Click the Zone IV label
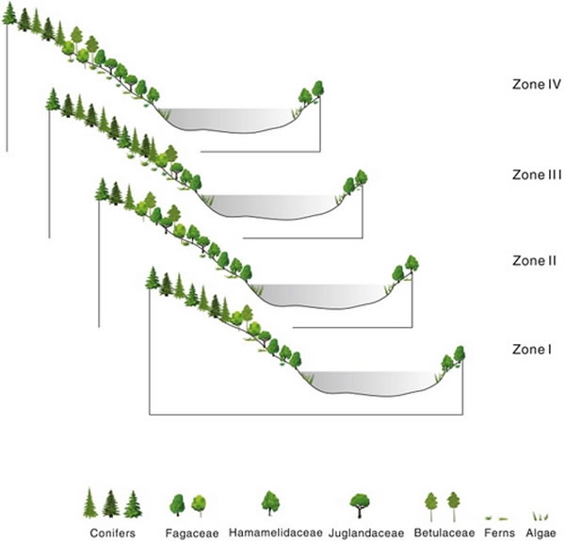[537, 85]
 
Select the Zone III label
[537, 175]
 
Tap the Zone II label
[534, 261]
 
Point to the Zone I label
[532, 350]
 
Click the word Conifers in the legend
[113, 533]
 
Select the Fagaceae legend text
[192, 533]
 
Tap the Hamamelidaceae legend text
[276, 533]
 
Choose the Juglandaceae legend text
[366, 533]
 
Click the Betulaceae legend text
[444, 533]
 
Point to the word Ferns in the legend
[499, 533]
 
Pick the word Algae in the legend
[541, 533]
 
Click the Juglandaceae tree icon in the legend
[360, 505]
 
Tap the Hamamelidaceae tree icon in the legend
[270, 503]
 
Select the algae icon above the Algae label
[541, 516]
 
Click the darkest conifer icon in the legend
[111, 503]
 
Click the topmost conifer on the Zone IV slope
[9, 14]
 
